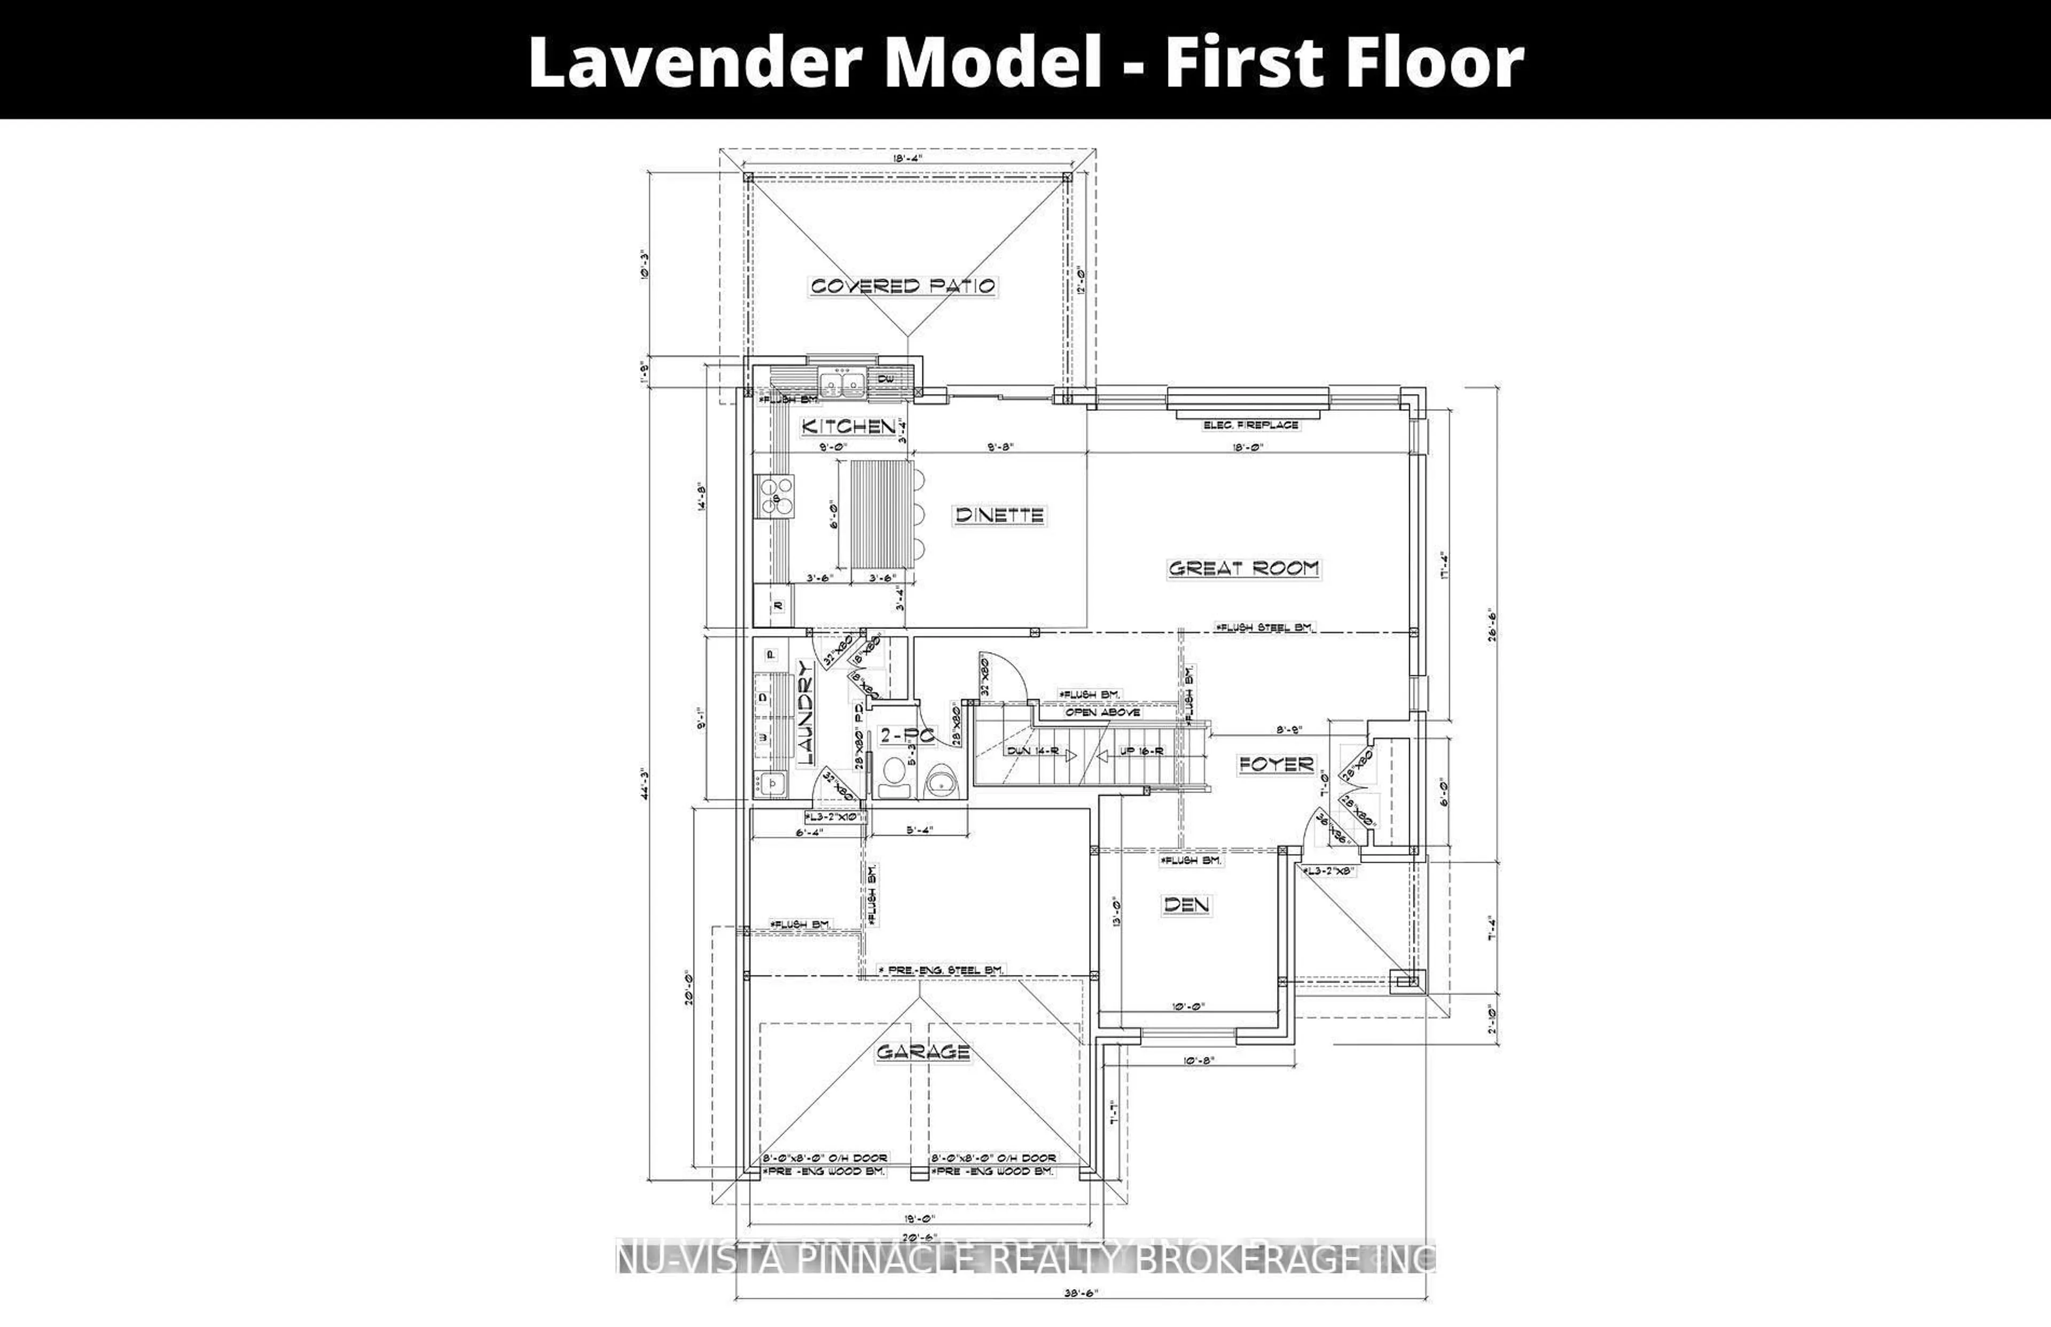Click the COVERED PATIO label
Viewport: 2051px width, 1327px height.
click(x=903, y=286)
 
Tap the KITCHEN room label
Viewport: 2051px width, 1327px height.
click(x=849, y=426)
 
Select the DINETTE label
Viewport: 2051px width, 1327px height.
click(x=999, y=516)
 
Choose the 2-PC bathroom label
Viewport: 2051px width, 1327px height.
click(x=906, y=735)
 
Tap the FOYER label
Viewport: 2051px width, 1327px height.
click(x=1276, y=764)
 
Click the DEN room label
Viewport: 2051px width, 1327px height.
click(x=1186, y=905)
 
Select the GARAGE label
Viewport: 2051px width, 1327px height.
click(x=922, y=1052)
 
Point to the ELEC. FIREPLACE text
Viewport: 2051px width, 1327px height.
click(x=1250, y=425)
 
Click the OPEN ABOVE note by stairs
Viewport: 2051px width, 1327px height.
click(x=1102, y=713)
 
